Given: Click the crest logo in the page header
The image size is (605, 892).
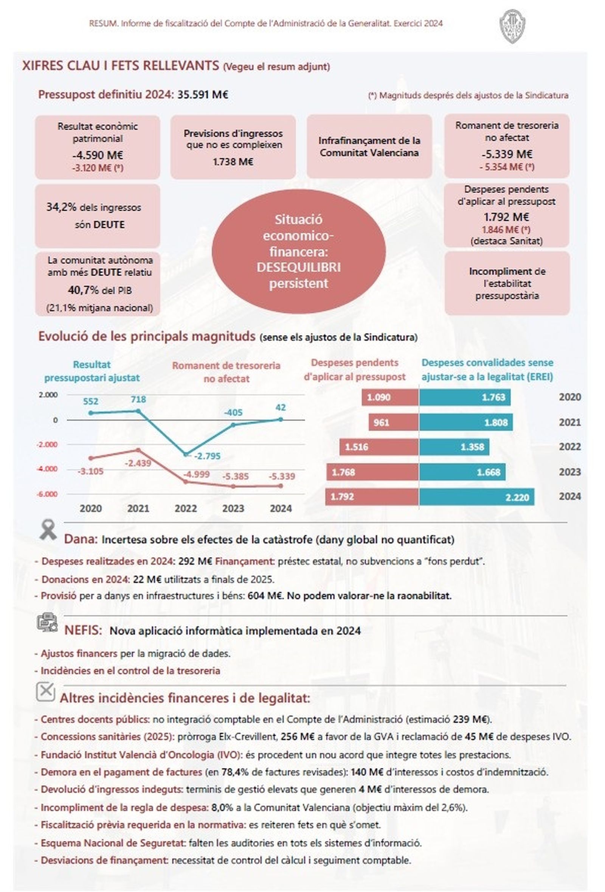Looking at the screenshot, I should click(513, 26).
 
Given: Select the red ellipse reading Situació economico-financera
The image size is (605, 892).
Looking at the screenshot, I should click(298, 252).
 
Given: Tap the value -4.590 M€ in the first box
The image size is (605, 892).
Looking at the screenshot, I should click(98, 155).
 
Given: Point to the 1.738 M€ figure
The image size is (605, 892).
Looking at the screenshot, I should click(233, 162).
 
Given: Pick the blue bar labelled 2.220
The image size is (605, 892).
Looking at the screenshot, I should click(476, 497).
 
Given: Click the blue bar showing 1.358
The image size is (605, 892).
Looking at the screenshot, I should click(454, 447).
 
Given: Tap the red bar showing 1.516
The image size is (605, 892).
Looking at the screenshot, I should click(379, 447).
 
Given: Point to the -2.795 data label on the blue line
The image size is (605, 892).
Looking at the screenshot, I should click(207, 456).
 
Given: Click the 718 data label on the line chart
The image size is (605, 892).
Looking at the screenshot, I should click(138, 399).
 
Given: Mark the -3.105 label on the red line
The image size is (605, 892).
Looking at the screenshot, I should click(90, 471).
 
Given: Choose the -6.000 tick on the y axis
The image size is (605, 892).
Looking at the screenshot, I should click(47, 494).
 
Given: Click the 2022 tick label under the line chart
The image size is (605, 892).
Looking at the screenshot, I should click(186, 508).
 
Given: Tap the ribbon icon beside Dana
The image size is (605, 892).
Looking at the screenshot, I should click(48, 530).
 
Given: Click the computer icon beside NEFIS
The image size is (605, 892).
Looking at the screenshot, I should click(47, 622).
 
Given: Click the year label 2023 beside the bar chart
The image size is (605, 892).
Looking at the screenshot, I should click(570, 472).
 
